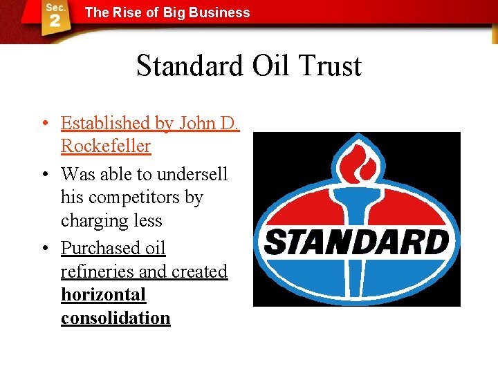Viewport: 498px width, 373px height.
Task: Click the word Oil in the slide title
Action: tap(271, 66)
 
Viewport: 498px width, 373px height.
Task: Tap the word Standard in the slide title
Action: tap(190, 66)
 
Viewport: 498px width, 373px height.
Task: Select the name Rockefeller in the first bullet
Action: tap(105, 146)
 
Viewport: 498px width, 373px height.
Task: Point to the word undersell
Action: tap(190, 173)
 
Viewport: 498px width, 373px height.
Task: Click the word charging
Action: tap(92, 221)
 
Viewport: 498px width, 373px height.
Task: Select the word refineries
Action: tap(97, 271)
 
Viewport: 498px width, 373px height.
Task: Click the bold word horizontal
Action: tap(103, 295)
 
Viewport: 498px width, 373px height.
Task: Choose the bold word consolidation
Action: tap(115, 318)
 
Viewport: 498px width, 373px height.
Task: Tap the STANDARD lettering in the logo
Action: tap(356, 242)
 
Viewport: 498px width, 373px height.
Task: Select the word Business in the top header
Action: tap(223, 12)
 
